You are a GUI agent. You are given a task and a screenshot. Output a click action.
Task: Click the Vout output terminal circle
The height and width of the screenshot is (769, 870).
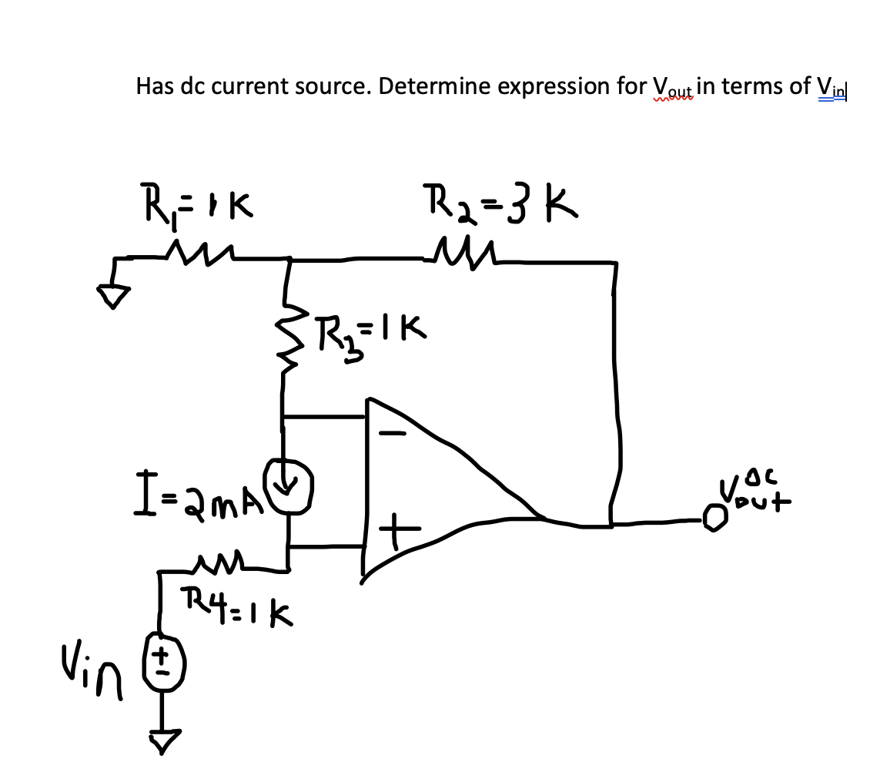tap(715, 520)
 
